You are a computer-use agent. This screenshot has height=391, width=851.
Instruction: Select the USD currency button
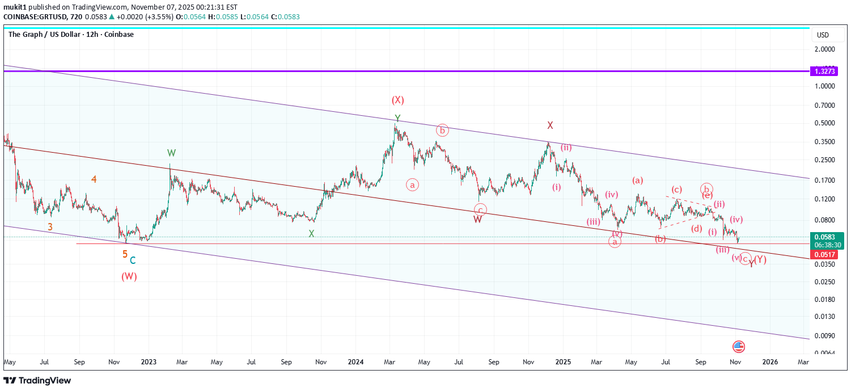(x=823, y=35)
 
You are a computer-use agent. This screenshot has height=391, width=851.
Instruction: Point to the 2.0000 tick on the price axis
(x=825, y=49)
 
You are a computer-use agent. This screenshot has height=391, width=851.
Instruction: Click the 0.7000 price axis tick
(x=825, y=106)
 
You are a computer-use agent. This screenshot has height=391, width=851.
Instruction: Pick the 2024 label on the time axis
(x=355, y=361)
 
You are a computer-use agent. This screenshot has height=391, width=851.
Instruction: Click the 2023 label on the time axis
(x=149, y=361)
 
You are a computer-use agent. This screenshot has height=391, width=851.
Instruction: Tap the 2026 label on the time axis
(x=769, y=361)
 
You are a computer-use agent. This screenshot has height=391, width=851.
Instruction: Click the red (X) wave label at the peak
(x=397, y=100)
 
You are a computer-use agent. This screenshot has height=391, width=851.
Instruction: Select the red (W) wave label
(x=129, y=277)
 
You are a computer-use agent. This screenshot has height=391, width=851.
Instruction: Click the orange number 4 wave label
(x=94, y=179)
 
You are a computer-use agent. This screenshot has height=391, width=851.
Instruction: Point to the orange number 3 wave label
(x=50, y=227)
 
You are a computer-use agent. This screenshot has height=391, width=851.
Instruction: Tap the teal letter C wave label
(x=133, y=260)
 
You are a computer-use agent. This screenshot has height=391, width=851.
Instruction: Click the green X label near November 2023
(x=311, y=233)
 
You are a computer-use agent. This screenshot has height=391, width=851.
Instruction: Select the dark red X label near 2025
(x=550, y=125)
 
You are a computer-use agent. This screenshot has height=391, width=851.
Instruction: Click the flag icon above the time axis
(x=738, y=347)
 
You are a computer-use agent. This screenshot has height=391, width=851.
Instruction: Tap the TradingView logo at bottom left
(x=37, y=380)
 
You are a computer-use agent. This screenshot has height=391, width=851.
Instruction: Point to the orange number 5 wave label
(x=125, y=254)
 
